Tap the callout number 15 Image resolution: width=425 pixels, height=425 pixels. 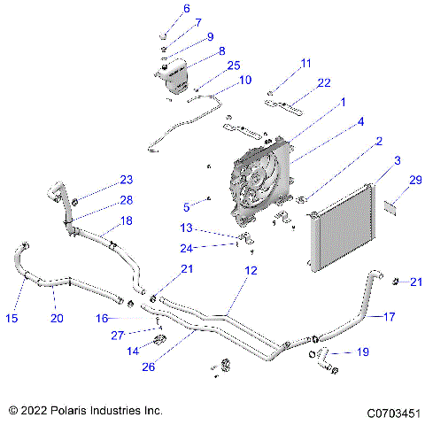coord(12,317)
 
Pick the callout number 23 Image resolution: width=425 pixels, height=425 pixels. coord(126,181)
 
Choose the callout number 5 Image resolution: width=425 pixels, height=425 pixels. coord(187,207)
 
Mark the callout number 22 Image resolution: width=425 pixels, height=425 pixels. coord(324,82)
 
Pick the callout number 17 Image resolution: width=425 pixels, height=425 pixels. coord(390,315)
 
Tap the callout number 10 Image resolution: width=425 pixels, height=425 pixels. coord(244,80)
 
